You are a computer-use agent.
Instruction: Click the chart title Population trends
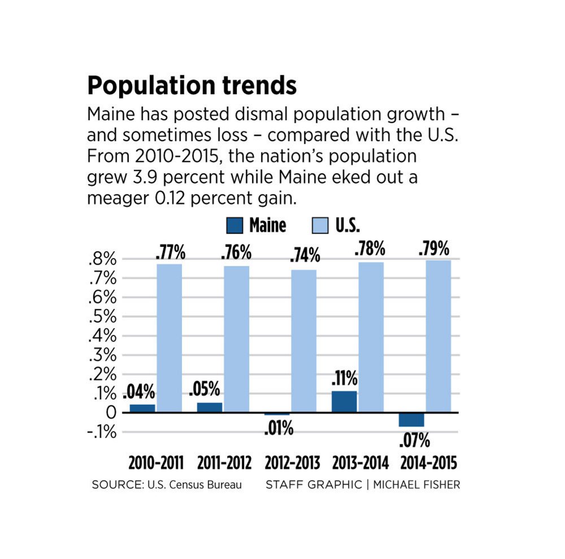[192, 86]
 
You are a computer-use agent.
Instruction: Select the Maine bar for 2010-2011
[142, 408]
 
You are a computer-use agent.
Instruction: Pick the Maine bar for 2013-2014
[344, 401]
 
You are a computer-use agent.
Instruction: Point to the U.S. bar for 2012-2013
[303, 341]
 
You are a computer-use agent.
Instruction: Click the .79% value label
[434, 248]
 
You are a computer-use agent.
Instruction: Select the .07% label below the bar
[414, 439]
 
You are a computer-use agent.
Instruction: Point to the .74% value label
[305, 256]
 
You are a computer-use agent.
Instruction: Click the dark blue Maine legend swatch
[234, 226]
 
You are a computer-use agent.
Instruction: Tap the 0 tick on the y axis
[111, 413]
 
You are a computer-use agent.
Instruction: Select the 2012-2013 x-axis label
[292, 464]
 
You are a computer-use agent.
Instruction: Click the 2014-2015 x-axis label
[428, 464]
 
